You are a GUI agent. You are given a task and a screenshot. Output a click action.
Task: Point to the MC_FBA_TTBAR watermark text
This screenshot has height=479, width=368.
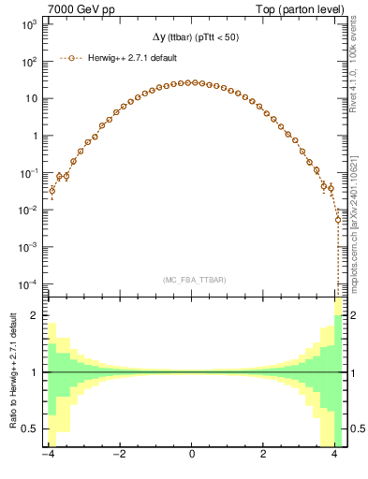191,280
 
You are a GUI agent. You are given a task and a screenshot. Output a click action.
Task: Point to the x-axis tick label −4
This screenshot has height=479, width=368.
50,457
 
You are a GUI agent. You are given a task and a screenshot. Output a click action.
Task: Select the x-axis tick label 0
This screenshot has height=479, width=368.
192,457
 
